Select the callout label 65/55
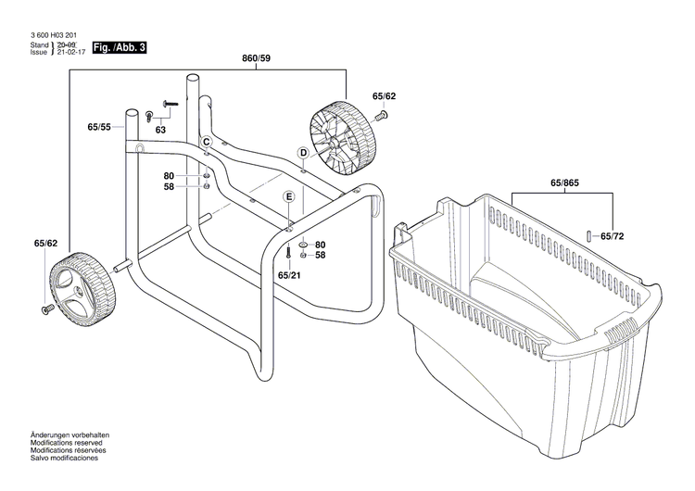click(x=99, y=126)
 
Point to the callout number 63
click(x=160, y=131)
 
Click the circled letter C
click(x=208, y=141)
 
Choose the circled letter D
click(x=302, y=153)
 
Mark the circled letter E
click(x=289, y=196)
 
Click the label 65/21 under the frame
click(x=288, y=275)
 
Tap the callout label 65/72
click(x=613, y=237)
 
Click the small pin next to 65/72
click(x=588, y=234)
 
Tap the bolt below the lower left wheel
click(x=46, y=308)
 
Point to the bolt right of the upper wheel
click(x=381, y=115)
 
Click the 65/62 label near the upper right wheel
click(x=384, y=95)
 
